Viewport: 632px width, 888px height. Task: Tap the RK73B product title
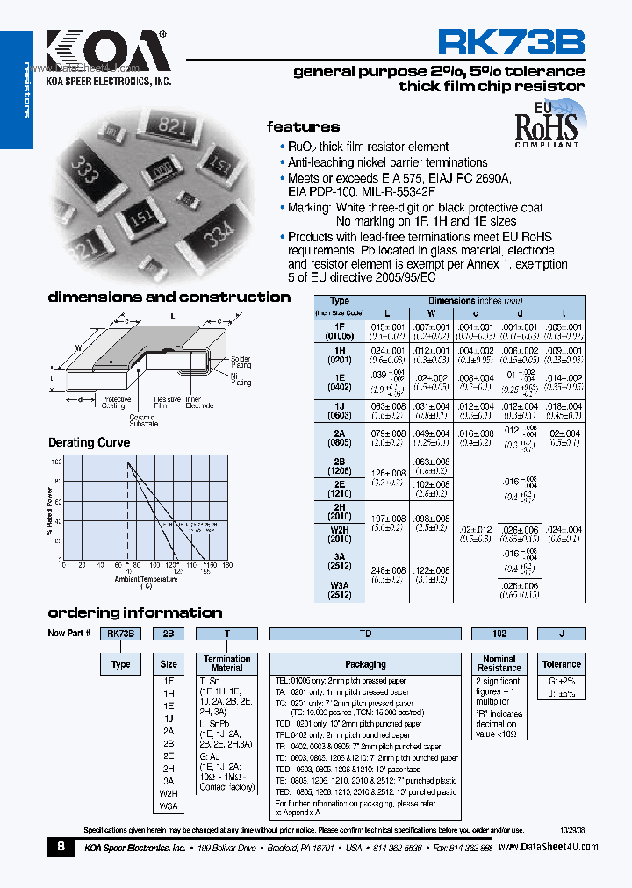510,41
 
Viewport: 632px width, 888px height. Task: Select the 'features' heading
303,126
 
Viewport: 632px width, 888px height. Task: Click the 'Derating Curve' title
89,442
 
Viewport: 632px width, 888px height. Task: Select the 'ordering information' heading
134,612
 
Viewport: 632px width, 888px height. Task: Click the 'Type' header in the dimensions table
339,301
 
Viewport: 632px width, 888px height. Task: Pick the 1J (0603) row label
339,411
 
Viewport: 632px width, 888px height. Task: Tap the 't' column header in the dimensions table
564,313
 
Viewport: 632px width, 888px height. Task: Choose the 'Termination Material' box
226,663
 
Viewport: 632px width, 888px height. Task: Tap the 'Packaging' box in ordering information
365,664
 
